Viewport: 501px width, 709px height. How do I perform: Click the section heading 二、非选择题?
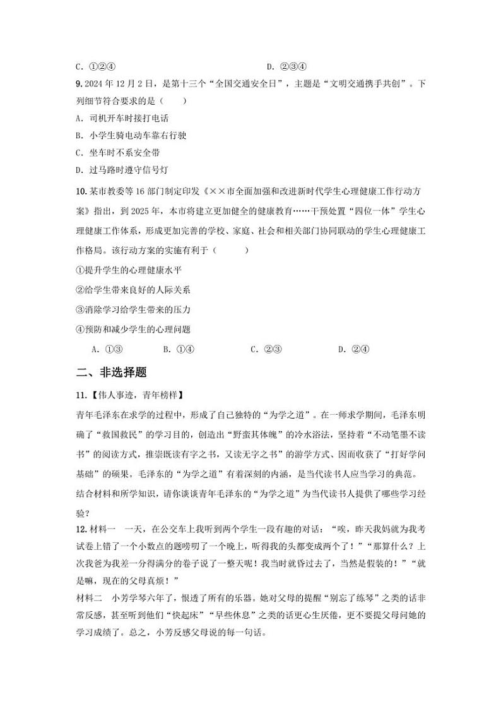coord(110,372)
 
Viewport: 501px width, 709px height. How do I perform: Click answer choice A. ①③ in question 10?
coord(106,349)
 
